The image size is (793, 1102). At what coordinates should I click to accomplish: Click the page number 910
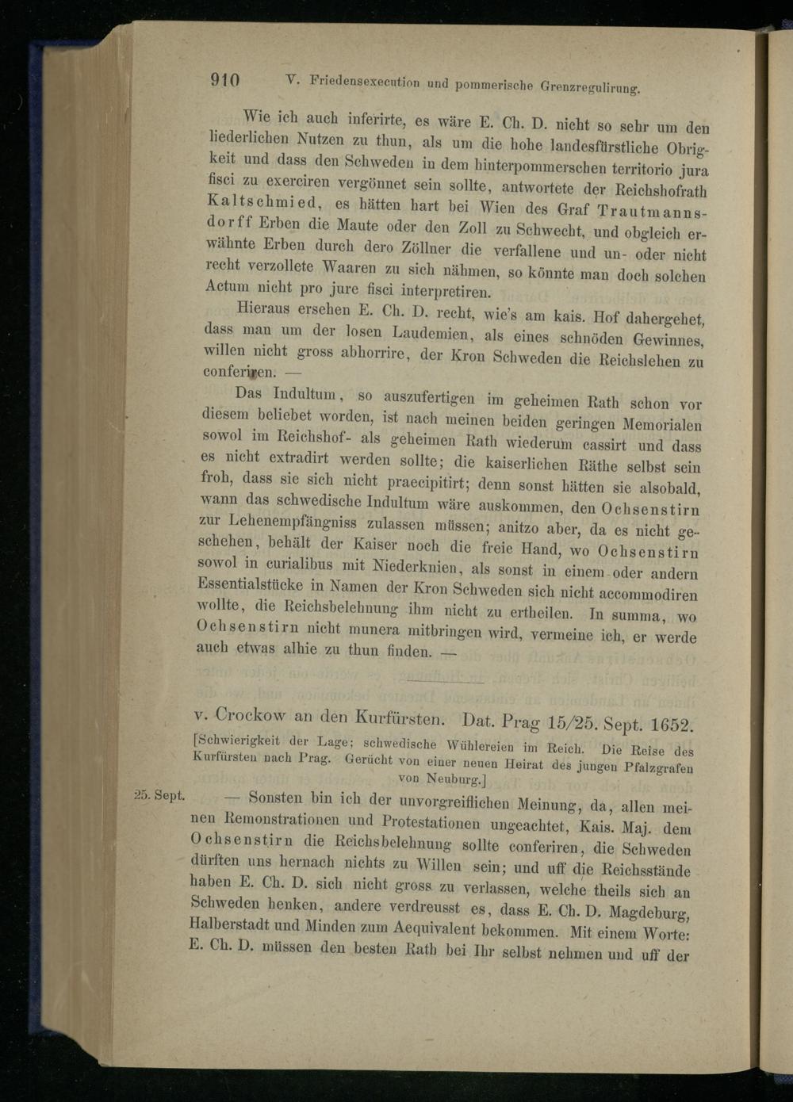pyautogui.click(x=225, y=80)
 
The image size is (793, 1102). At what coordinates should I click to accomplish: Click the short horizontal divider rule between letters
pyautogui.click(x=444, y=682)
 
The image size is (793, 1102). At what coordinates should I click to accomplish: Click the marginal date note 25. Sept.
pyautogui.click(x=159, y=796)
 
